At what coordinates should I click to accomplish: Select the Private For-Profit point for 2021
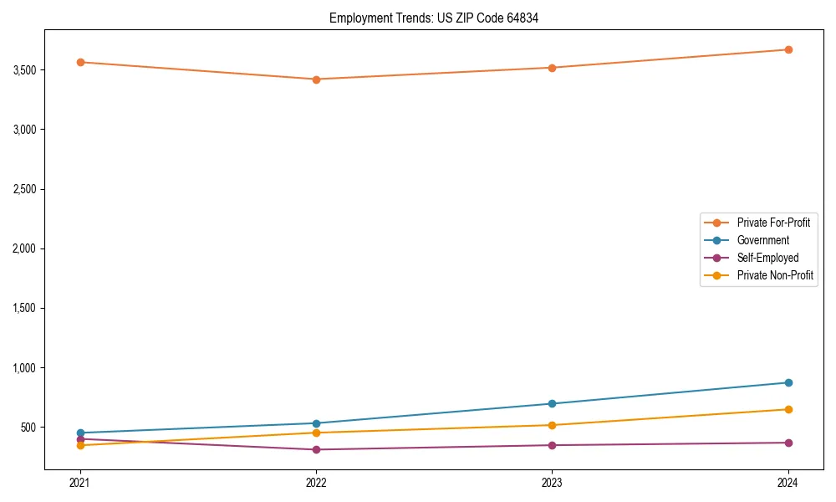coord(80,62)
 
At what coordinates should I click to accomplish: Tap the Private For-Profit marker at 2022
coord(316,79)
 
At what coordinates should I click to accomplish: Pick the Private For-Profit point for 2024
coord(788,49)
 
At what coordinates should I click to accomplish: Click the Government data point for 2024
coord(788,382)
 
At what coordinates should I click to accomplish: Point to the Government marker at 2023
coord(552,403)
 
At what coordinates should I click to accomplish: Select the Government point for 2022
coord(316,423)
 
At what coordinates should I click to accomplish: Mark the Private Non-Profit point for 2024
coord(788,409)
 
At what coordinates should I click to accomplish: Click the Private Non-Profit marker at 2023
coord(552,425)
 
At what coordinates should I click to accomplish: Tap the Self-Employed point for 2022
coord(316,449)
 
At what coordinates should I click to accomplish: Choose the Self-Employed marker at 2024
coord(788,443)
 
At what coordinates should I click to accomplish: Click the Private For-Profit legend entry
coord(772,223)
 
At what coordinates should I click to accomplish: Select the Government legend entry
coord(762,240)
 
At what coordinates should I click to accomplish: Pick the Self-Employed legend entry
coord(767,258)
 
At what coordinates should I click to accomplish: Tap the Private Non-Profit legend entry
coord(775,275)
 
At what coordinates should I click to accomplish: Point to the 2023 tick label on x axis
coord(552,483)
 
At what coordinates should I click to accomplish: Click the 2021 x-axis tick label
coord(80,483)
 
